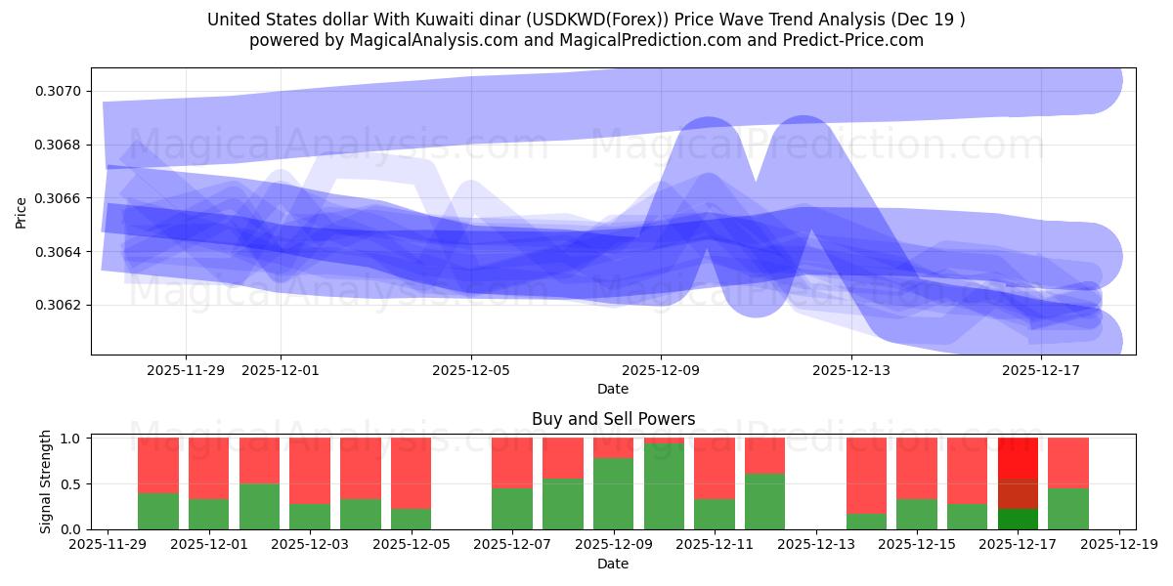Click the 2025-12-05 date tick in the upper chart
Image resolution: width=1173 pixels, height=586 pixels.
coord(471,370)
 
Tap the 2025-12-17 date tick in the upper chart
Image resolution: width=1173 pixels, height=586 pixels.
coord(1041,370)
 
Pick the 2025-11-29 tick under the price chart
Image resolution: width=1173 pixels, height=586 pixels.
coord(186,370)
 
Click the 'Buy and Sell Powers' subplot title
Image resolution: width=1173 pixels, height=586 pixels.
coord(613,419)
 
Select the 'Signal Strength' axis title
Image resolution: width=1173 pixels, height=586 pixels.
coord(46,481)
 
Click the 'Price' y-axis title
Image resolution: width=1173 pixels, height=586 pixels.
coord(22,211)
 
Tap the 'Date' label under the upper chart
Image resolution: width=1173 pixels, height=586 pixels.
coord(613,389)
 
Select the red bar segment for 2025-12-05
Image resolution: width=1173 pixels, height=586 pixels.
coord(412,474)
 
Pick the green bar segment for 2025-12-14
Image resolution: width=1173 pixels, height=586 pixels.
coord(866,522)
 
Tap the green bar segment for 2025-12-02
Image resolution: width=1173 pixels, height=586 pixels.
coord(259,506)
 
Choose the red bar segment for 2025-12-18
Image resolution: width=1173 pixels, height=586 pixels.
coord(1068,463)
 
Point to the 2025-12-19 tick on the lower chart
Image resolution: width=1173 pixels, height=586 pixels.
coord(1119,545)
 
